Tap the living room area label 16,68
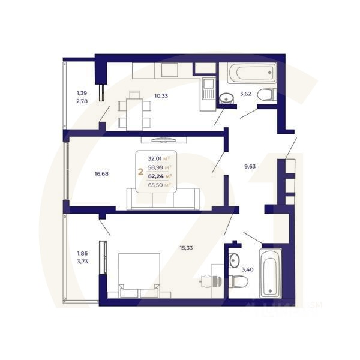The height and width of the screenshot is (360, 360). point(102,175)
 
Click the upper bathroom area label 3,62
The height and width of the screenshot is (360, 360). point(246,94)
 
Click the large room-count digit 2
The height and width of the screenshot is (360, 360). point(141,172)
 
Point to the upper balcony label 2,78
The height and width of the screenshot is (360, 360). point(82,103)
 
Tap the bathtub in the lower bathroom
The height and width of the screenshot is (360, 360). point(271,273)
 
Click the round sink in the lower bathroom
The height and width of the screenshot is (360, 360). point(235,260)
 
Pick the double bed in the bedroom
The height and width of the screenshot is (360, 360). point(140,273)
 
